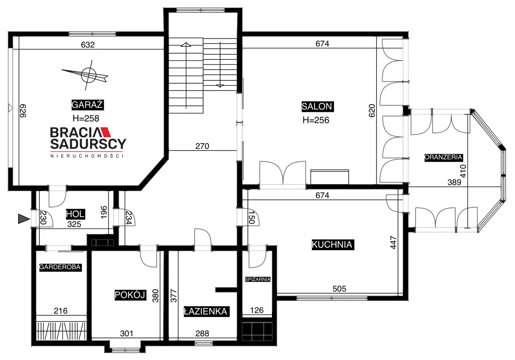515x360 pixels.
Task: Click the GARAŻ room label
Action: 87,105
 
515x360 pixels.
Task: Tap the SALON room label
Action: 317,107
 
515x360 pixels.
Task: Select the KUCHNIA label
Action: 332,245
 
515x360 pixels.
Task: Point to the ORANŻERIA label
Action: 443,157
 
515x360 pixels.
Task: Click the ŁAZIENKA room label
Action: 206,311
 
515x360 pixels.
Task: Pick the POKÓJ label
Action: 130,295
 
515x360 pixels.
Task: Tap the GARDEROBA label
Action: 60,267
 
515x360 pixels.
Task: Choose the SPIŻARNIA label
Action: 257,279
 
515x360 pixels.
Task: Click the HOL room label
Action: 75,214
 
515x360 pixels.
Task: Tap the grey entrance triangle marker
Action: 24,219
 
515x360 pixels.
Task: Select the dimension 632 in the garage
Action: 88,45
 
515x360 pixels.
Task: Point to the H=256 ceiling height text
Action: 316,120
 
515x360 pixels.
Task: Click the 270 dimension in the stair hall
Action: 202,146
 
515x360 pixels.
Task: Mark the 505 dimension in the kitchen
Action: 339,289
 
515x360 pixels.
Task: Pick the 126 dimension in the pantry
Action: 257,311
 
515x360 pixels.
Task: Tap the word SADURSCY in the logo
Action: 88,144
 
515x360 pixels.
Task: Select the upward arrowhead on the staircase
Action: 186,44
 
